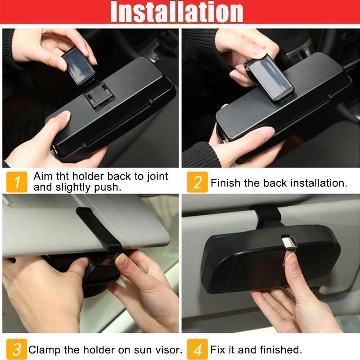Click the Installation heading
pos(177,12)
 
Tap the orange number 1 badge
pos(17,182)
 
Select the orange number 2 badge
pos(197,182)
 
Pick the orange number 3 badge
pos(17,349)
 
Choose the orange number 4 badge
pos(197,349)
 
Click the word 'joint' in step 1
pos(157,176)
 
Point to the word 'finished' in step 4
pos(280,350)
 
